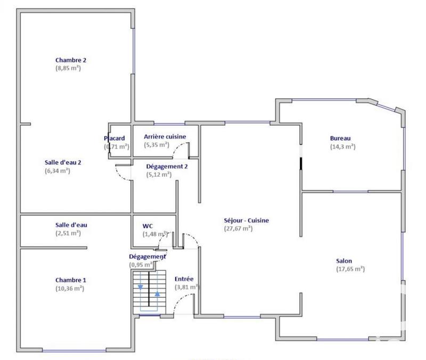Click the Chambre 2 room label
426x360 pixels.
(71, 60)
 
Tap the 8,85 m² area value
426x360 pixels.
(68, 68)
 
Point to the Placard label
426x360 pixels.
(114, 138)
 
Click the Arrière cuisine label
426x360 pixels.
(165, 136)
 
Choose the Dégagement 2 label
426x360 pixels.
(167, 166)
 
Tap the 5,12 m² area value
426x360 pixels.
(159, 174)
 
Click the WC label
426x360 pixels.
(148, 225)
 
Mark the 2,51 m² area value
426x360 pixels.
(68, 233)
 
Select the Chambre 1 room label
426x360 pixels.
(70, 280)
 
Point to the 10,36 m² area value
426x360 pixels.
(70, 288)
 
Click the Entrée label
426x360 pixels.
(184, 279)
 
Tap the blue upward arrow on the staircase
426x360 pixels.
(158, 293)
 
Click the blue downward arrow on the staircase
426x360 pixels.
(140, 287)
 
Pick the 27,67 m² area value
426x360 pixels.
(239, 228)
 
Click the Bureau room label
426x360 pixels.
(340, 139)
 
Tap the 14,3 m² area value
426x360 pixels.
(342, 147)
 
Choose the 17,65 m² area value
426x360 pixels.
(350, 269)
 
